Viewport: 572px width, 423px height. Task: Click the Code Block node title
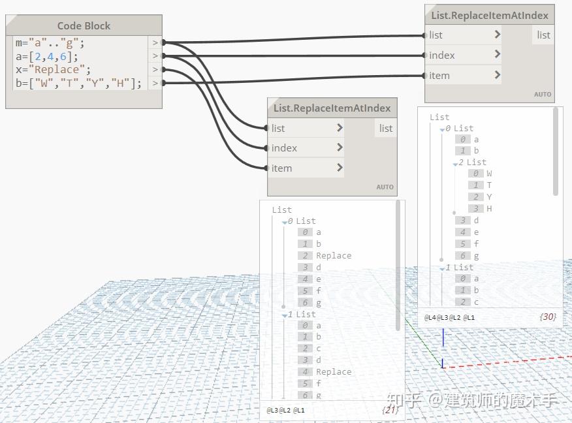point(84,26)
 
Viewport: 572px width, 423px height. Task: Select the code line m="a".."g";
point(50,43)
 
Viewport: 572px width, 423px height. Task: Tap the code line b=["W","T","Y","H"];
point(78,83)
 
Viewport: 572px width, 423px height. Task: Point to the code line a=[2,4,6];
point(47,56)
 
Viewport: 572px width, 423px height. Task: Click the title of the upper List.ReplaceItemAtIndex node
point(490,15)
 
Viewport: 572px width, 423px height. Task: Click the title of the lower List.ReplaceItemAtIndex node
point(332,108)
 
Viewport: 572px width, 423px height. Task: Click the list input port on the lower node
point(278,129)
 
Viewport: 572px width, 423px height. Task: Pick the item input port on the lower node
point(282,168)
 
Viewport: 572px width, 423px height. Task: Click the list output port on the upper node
point(543,35)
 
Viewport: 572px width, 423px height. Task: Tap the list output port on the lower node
point(386,129)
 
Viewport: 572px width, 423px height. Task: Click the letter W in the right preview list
point(489,174)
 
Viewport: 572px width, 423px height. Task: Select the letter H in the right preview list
point(489,209)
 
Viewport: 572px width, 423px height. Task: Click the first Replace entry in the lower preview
point(334,256)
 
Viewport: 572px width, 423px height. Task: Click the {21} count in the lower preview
point(389,411)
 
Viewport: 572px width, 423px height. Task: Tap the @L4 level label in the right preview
point(430,318)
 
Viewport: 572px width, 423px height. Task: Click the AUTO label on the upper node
point(543,95)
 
